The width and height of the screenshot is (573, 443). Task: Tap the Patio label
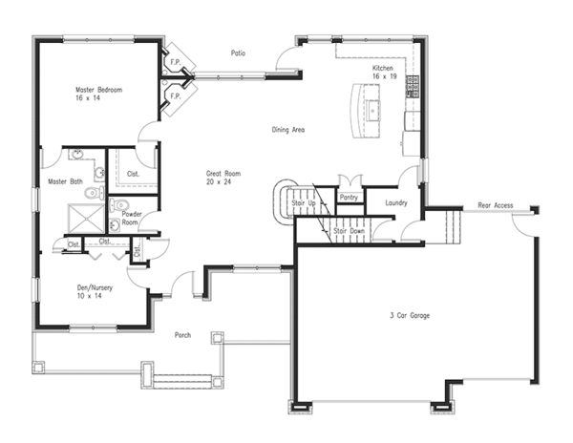click(239, 53)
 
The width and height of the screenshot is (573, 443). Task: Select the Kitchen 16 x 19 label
click(382, 74)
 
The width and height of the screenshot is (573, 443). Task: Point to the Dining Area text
click(287, 130)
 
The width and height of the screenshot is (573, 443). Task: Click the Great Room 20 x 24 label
click(223, 179)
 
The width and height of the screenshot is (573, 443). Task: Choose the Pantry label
click(349, 198)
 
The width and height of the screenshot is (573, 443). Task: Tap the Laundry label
click(395, 202)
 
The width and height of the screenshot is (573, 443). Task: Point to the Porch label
click(185, 335)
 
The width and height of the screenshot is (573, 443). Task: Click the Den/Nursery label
click(96, 291)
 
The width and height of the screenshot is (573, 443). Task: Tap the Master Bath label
click(64, 181)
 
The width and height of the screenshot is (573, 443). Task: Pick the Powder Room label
click(132, 219)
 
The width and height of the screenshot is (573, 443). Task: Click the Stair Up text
click(304, 204)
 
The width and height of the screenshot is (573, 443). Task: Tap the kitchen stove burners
click(414, 86)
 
